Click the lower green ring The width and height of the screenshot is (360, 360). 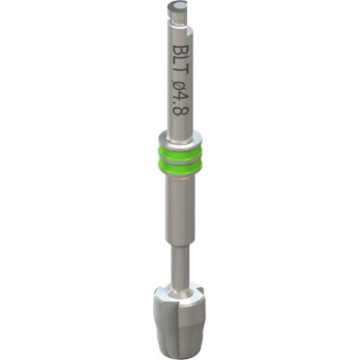point(180,167)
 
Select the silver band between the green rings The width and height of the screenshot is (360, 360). point(180,160)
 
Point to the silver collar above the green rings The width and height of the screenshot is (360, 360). point(180,141)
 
